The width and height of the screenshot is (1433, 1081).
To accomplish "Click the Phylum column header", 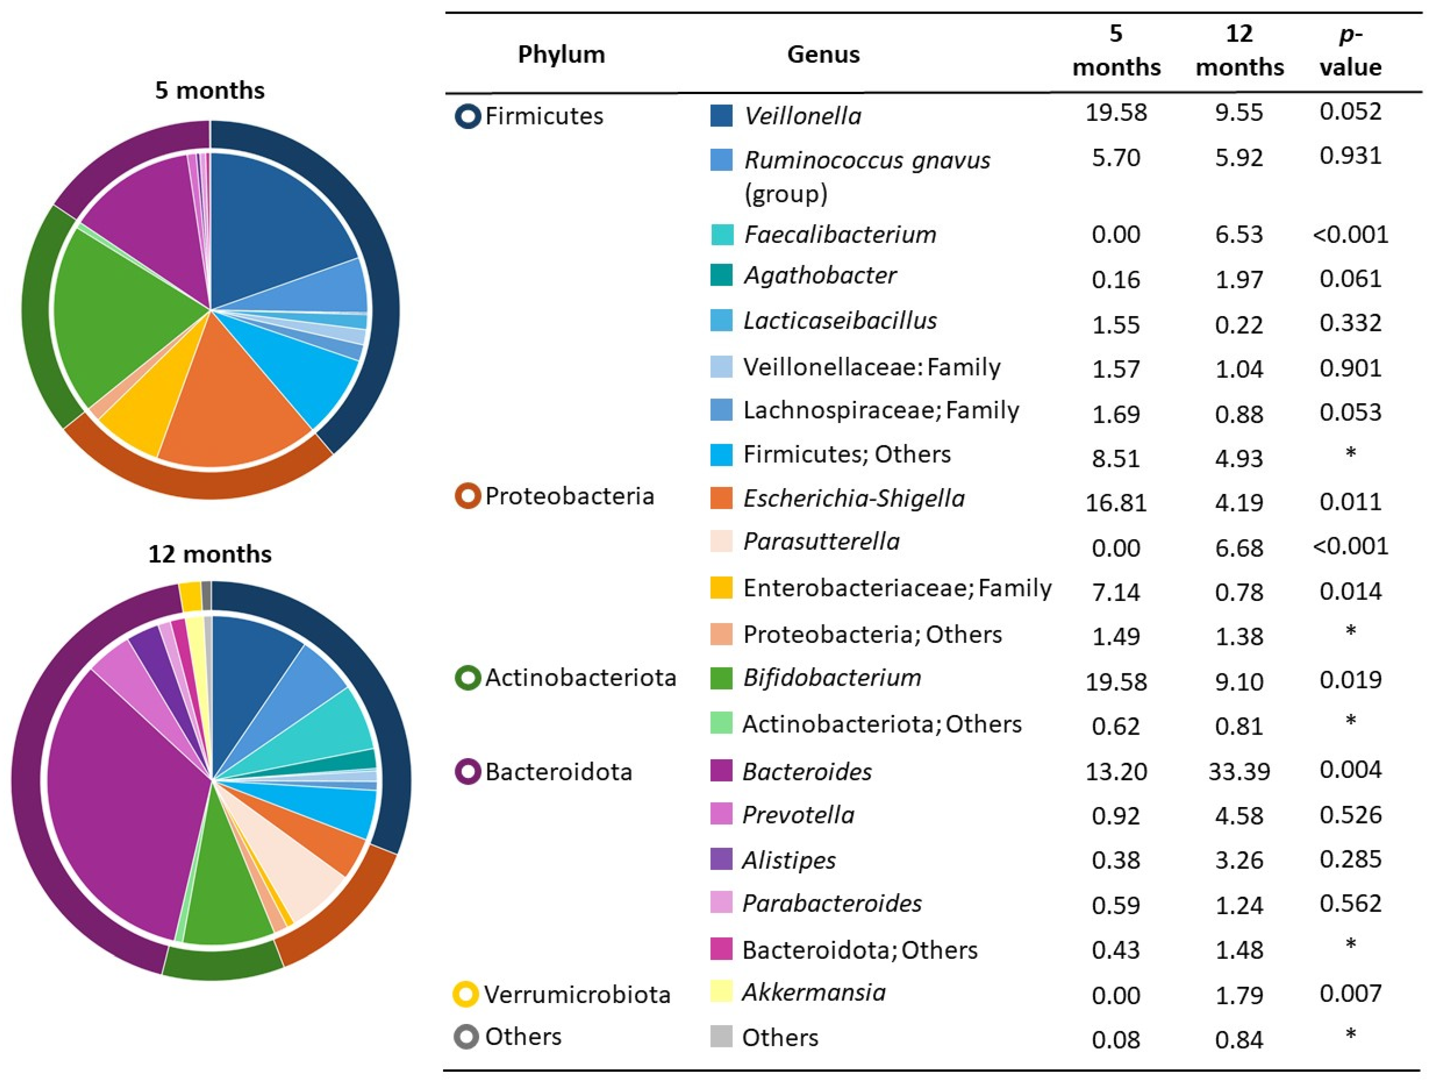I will [x=561, y=55].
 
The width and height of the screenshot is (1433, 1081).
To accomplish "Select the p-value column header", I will [x=1350, y=51].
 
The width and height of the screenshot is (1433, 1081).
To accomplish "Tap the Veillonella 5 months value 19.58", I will [x=1116, y=112].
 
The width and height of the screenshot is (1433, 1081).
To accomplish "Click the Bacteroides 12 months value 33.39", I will [x=1239, y=771].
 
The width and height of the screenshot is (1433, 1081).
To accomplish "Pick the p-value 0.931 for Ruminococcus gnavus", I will [x=1350, y=156].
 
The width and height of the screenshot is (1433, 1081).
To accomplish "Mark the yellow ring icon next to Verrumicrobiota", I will [x=466, y=993].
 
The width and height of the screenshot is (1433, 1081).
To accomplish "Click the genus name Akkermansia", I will [x=814, y=992].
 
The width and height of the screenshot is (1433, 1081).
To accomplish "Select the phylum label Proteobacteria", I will [x=569, y=496].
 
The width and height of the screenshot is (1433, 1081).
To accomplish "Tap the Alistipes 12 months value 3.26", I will [x=1239, y=860].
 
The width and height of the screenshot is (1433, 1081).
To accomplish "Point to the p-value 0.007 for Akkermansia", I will [x=1350, y=993].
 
